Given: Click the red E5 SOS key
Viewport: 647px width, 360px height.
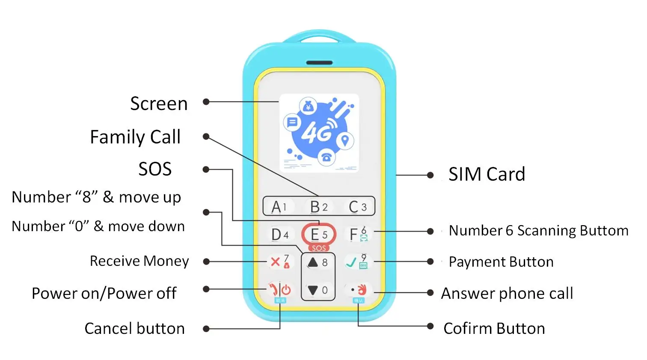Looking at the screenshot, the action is coord(318,235).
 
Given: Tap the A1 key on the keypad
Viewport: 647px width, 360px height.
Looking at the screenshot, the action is coord(279,207).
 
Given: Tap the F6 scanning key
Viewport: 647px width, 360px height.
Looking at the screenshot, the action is coord(358,234).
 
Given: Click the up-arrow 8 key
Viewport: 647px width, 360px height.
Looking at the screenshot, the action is coord(318,262).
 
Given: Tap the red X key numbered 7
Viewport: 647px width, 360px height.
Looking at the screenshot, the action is coord(279,262).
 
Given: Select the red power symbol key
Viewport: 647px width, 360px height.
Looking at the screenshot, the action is coord(286,290).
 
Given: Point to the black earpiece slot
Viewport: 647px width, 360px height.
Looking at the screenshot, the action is coord(319,63).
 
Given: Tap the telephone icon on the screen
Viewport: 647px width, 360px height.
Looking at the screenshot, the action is coord(326,157).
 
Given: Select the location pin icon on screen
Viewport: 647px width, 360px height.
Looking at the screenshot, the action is coord(345,140).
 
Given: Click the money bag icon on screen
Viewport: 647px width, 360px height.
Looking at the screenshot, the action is coord(308,106).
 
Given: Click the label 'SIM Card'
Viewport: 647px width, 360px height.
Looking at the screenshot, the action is coord(487,174).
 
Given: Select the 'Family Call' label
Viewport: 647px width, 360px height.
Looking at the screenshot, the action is coord(135,137).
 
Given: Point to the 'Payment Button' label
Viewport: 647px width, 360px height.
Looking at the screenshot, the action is coord(501,262).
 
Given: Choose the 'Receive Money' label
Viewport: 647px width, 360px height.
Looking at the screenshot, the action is coord(139,261).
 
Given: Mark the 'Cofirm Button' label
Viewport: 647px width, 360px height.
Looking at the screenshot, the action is coord(494,329).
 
